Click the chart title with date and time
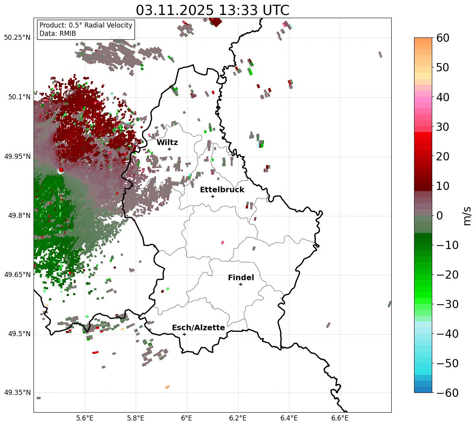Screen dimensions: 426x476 (212, 10)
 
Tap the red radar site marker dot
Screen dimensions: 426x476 (61, 170)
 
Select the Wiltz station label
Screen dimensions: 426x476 (167, 142)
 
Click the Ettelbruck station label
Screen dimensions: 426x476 (222, 190)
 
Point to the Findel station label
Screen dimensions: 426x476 (241, 277)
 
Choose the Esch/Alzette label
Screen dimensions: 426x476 (198, 327)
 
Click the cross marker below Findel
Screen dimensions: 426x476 (241, 284)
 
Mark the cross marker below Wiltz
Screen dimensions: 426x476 (169, 149)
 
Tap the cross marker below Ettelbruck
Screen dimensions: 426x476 (213, 196)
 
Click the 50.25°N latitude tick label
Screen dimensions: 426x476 (17, 38)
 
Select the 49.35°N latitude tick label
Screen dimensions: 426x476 (17, 393)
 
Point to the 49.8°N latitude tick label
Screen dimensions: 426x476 (19, 216)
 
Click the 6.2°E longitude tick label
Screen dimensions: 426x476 (238, 418)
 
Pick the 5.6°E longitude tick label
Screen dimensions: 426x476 (84, 418)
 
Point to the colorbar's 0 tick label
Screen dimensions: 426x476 (439, 216)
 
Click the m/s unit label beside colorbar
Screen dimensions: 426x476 (467, 216)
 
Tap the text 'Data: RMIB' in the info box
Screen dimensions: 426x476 (58, 33)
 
